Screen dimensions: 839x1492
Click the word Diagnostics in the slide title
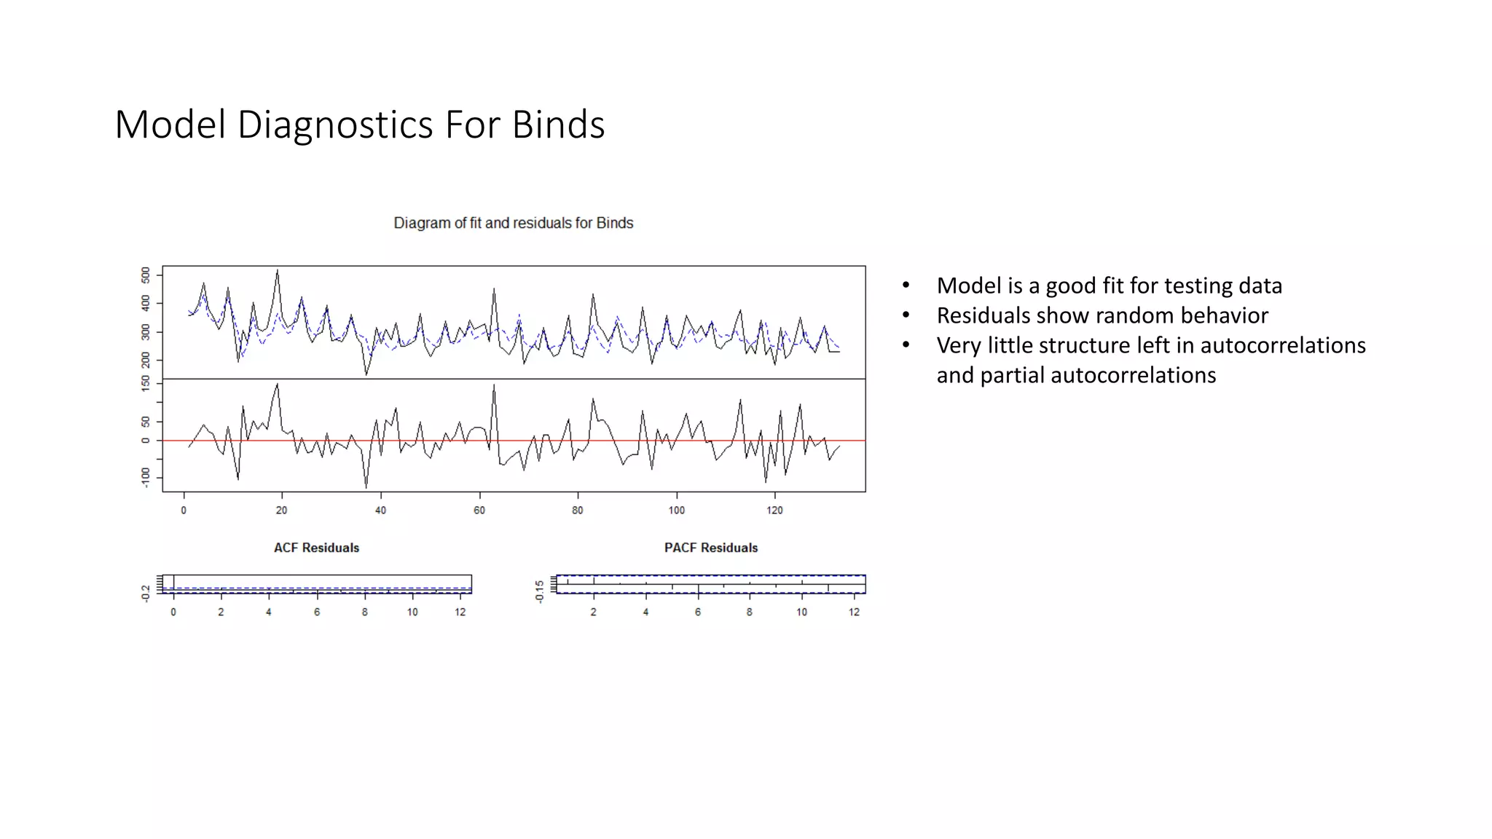[x=335, y=125]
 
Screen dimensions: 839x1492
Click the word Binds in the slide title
[x=557, y=125]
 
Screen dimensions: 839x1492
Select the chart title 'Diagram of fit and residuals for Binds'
[x=513, y=223]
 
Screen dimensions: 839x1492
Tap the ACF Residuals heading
[x=316, y=548]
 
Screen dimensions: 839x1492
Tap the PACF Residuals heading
[x=710, y=548]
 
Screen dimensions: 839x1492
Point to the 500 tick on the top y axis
[x=146, y=275]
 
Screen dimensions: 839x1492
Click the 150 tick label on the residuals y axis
[x=146, y=383]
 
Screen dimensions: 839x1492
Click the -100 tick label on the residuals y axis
[x=146, y=478]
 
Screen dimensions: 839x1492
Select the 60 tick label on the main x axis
[x=479, y=511]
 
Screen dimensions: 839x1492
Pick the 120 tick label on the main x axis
[x=774, y=511]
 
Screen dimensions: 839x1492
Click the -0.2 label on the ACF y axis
[x=146, y=593]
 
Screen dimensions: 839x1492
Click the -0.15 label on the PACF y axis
[x=539, y=591]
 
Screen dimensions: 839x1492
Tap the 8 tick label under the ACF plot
[x=364, y=612]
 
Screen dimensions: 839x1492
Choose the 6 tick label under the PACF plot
[x=697, y=612]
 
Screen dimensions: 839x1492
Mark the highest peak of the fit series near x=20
[x=278, y=271]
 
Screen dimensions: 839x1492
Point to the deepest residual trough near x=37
[x=366, y=487]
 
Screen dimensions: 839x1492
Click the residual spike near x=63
[x=494, y=386]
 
